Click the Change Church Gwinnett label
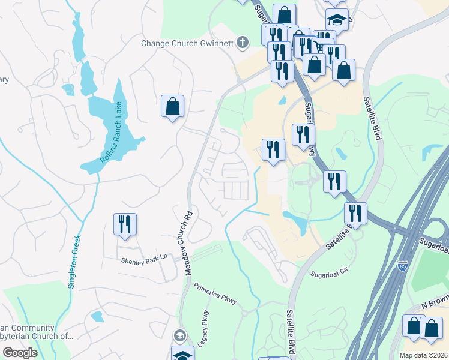point(187,43)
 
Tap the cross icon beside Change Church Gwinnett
point(242,42)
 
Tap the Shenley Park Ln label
point(143,260)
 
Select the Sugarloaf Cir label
point(330,274)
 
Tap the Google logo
point(20,353)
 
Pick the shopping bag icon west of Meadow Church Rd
point(172,107)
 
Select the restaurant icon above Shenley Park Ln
point(125,224)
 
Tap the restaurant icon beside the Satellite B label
point(355,213)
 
